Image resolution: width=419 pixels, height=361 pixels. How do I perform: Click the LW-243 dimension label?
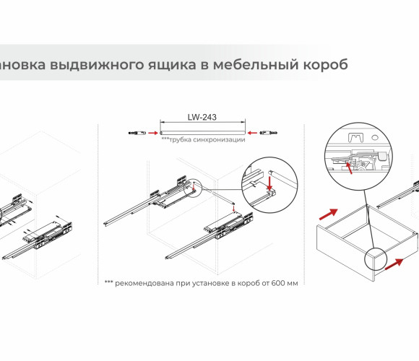(202, 117)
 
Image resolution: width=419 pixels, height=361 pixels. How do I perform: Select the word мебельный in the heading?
(255, 64)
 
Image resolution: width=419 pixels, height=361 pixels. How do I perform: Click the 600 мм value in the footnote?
(285, 283)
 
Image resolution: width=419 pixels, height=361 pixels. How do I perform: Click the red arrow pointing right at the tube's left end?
(153, 133)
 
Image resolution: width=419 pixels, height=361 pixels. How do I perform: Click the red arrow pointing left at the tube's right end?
(252, 133)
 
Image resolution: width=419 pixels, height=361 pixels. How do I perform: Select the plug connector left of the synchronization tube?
(137, 133)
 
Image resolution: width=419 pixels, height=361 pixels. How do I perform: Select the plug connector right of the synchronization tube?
(269, 132)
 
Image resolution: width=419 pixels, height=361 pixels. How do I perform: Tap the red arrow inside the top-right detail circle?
(349, 168)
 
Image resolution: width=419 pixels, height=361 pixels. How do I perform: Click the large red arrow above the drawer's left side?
(329, 214)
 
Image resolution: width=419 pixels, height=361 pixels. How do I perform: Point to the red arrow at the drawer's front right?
(394, 264)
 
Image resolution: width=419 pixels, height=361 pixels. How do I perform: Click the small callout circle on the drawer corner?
(376, 258)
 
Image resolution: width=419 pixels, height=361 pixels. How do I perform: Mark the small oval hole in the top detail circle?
(375, 137)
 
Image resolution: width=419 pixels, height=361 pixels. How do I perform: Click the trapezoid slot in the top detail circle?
(355, 137)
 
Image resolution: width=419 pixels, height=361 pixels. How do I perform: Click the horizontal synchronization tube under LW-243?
(202, 133)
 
